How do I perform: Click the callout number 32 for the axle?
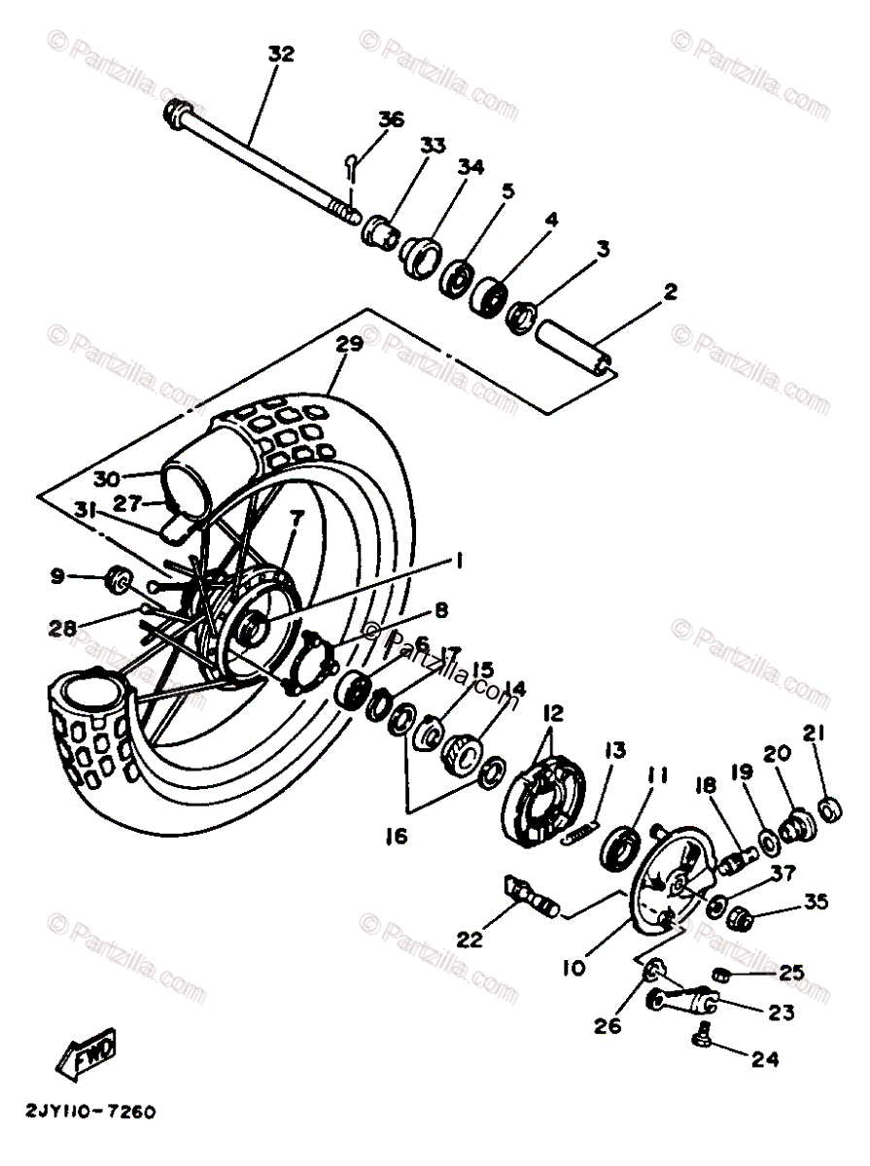click(x=280, y=54)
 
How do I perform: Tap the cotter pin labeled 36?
click(x=352, y=166)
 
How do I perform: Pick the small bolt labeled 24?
click(x=702, y=1039)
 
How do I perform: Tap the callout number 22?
click(x=470, y=941)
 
